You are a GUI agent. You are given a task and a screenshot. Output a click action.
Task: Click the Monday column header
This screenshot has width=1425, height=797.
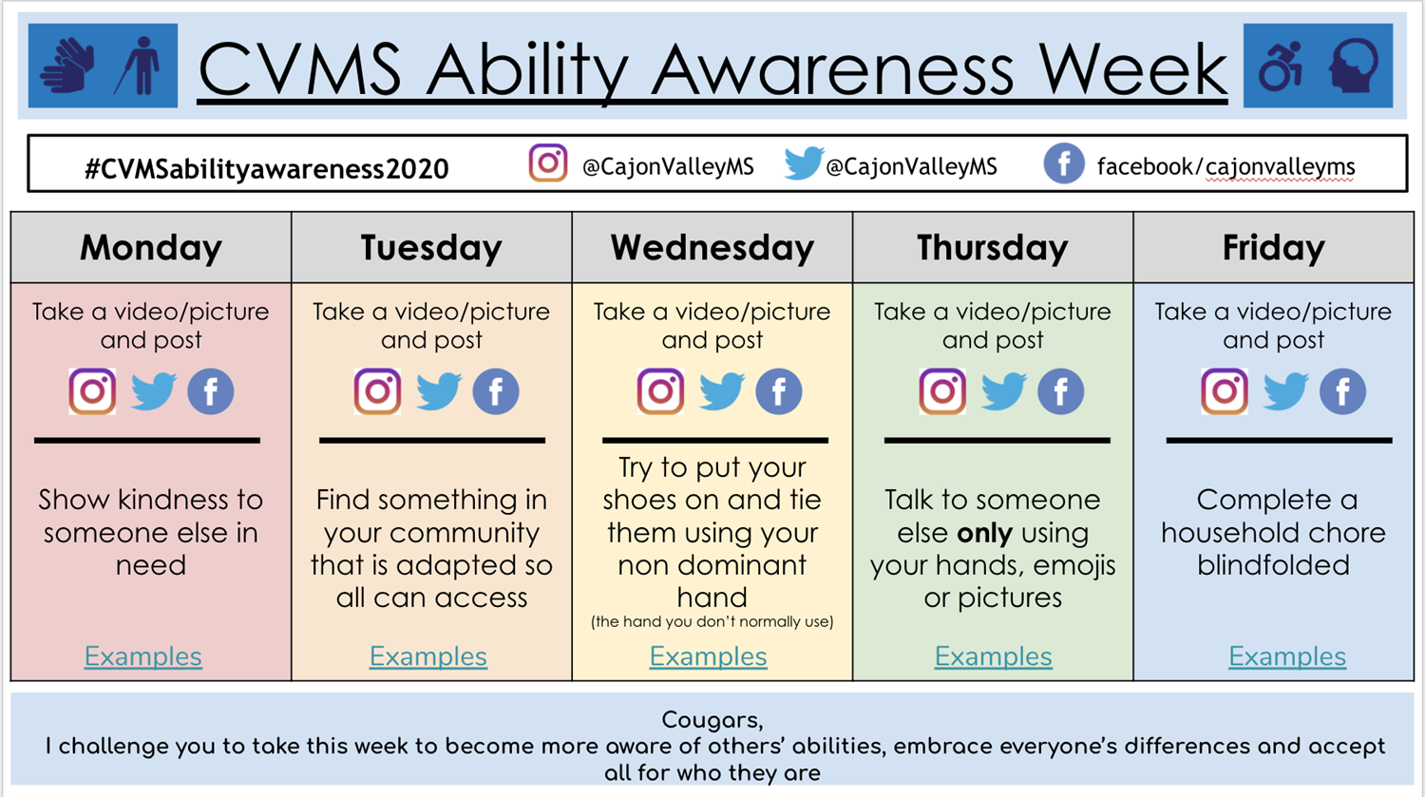click(x=151, y=248)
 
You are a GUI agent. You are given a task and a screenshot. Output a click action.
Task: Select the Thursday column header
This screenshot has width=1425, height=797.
click(x=993, y=248)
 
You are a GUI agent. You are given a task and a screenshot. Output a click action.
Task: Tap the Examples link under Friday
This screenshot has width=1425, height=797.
click(x=1287, y=656)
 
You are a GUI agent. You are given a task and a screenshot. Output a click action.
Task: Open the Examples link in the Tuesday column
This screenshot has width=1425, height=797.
click(x=428, y=656)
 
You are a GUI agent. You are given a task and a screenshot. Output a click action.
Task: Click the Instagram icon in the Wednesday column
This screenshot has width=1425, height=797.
click(x=660, y=391)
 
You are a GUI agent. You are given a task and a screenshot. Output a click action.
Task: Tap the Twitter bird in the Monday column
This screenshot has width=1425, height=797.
click(x=153, y=391)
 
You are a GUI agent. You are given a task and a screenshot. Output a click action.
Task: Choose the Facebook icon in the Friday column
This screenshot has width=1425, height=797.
click(x=1342, y=391)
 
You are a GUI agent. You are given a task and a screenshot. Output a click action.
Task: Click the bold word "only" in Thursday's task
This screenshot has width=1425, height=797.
click(x=984, y=533)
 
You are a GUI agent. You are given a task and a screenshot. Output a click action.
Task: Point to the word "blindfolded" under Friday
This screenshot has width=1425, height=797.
click(x=1273, y=565)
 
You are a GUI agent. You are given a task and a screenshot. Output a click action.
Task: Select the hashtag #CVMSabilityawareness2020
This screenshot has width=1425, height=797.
click(x=267, y=169)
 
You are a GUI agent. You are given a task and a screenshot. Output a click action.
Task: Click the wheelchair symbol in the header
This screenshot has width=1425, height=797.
click(x=1281, y=66)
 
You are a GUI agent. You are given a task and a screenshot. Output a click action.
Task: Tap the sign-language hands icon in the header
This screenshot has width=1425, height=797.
click(x=68, y=66)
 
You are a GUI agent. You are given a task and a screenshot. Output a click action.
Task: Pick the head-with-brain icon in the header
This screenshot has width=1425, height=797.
click(x=1354, y=66)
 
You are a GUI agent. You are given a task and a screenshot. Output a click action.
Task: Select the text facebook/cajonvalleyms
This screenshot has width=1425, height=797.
click(x=1225, y=167)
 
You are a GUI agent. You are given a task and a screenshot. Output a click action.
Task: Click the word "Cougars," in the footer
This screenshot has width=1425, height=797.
click(x=712, y=720)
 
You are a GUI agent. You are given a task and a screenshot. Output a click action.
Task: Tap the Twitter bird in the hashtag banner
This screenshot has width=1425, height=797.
click(x=804, y=162)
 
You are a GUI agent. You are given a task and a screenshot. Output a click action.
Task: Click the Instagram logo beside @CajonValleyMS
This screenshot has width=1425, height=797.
click(x=548, y=162)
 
